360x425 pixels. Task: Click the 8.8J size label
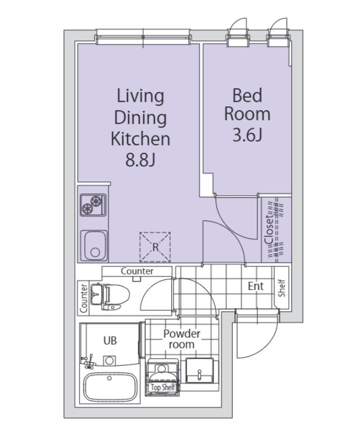point(140,160)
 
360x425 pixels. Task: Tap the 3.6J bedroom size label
point(247,135)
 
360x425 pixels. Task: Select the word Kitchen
point(140,138)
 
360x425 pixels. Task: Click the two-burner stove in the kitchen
point(93,205)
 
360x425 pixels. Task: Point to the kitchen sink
point(94,246)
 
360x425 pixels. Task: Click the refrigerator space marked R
point(155,247)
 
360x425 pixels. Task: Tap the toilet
point(110,296)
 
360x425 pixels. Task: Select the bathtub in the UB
point(110,387)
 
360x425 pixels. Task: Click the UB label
point(110,341)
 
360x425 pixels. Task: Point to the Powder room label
point(182,339)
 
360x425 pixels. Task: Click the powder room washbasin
point(199,370)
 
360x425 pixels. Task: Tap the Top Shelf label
point(162,387)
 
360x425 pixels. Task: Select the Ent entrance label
point(256,286)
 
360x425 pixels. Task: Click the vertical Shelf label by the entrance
point(282,288)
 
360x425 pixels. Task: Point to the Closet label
point(269,230)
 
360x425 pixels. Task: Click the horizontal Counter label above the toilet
point(137,271)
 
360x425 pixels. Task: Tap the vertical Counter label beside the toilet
point(83,298)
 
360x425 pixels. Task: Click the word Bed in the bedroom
point(247,96)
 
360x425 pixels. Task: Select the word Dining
point(140,118)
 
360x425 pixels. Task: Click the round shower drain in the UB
point(110,361)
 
